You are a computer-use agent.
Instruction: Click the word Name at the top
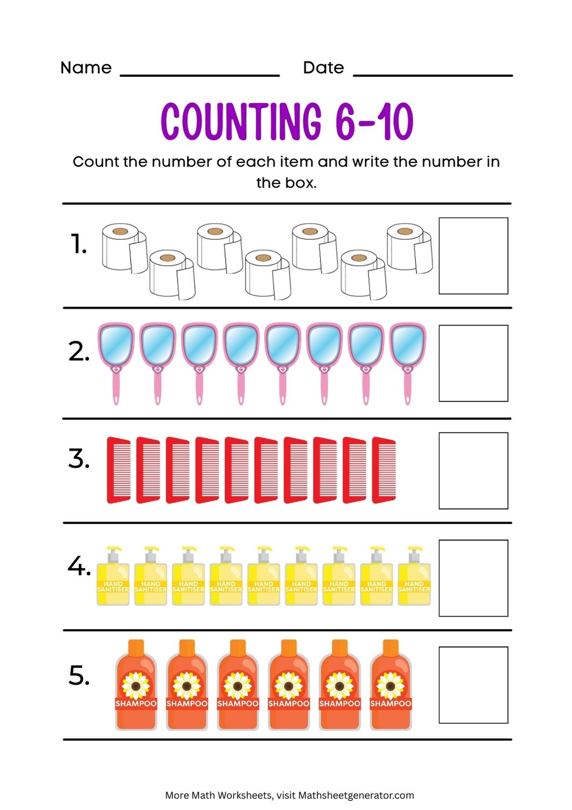click(86, 68)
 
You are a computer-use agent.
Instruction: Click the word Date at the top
click(323, 68)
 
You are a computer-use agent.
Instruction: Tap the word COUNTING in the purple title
click(241, 122)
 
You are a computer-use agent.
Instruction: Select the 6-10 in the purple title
click(374, 122)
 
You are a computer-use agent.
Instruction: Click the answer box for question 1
click(473, 256)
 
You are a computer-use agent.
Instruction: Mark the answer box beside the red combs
click(473, 470)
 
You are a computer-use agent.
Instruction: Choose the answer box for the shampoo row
click(473, 685)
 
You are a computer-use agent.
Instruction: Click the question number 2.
click(78, 352)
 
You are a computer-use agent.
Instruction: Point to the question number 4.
click(79, 566)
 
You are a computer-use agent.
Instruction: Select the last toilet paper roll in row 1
click(408, 247)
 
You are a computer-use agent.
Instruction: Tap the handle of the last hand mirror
click(407, 389)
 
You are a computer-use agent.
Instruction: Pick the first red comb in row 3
click(119, 470)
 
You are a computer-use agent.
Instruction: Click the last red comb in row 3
click(384, 470)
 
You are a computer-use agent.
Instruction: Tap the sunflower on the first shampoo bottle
click(136, 685)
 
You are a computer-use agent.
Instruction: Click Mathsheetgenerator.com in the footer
click(356, 795)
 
